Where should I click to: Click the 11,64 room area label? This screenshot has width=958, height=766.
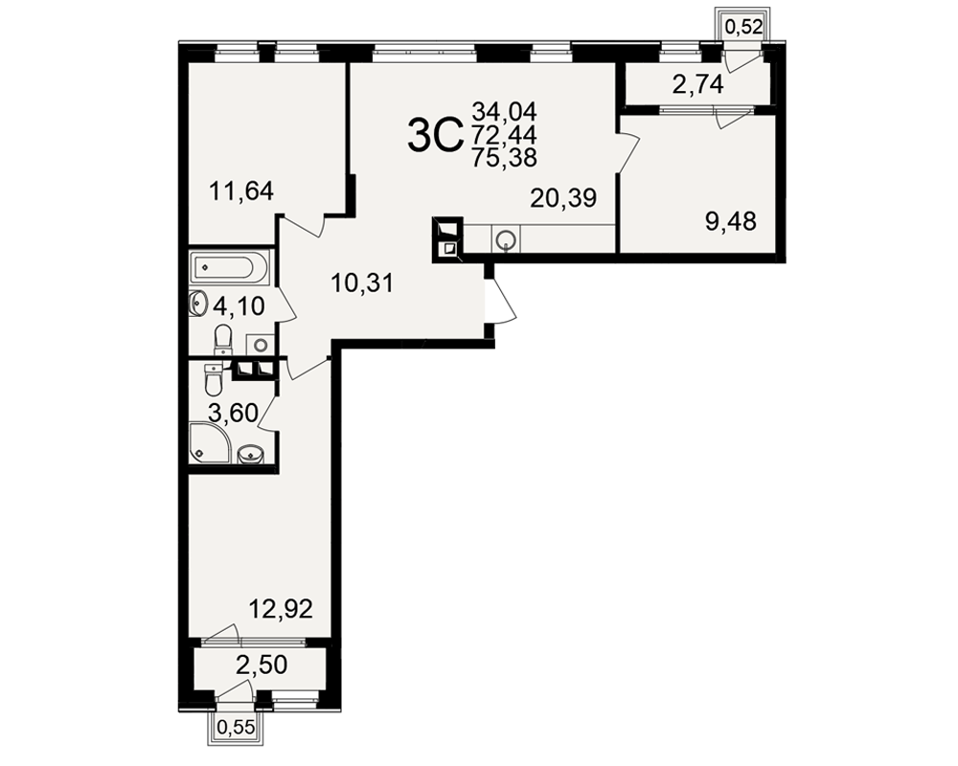[x=240, y=191]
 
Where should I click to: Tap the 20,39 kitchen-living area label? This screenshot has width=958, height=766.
[x=563, y=198]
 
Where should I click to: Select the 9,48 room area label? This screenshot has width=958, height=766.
[x=731, y=221]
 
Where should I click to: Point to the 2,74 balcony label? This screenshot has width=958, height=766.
[x=697, y=84]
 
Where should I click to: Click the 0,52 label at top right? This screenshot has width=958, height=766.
[x=744, y=26]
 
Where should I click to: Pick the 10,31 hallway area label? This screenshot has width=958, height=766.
[x=362, y=282]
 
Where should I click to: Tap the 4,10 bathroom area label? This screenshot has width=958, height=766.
[x=239, y=305]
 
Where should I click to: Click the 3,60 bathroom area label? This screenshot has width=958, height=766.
[x=234, y=413]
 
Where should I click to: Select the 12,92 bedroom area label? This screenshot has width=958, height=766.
[x=281, y=609]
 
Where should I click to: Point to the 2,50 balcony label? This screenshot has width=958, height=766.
[x=261, y=665]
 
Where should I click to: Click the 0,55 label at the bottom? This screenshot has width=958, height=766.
[x=236, y=727]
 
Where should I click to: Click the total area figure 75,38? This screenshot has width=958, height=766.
[x=504, y=158]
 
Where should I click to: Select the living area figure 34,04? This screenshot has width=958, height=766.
[x=504, y=112]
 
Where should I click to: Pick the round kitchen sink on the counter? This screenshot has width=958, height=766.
[x=507, y=238]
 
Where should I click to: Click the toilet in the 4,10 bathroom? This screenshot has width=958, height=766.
[x=223, y=339]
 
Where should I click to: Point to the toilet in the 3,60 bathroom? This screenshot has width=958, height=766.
[x=214, y=379]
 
